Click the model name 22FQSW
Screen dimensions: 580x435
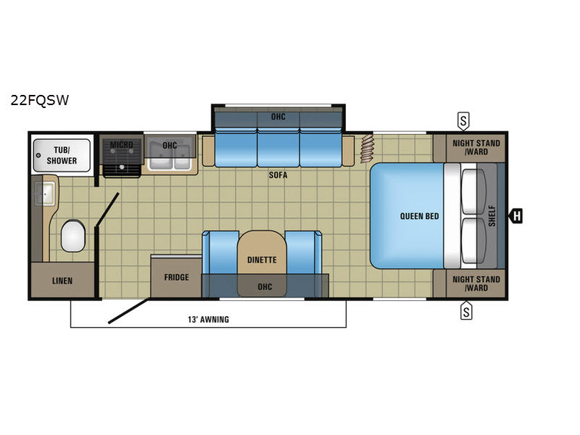point(40,100)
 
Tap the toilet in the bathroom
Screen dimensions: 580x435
point(73,236)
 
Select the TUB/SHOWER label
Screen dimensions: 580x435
point(62,155)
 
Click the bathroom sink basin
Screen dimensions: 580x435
point(45,194)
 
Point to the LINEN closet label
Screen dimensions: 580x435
point(62,281)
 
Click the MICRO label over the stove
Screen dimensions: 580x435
point(121,144)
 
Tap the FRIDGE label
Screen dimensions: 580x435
point(176,277)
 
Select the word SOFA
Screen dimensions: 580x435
point(278,175)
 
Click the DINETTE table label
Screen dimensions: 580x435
point(262,260)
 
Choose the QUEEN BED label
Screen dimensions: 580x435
point(420,216)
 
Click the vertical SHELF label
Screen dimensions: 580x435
point(492,216)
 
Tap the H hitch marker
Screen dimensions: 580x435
point(516,215)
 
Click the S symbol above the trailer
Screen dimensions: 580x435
point(463,121)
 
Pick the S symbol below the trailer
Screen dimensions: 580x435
point(466,311)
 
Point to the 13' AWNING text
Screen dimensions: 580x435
point(208,319)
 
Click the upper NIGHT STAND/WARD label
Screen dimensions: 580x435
point(476,147)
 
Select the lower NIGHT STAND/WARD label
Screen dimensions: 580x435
point(476,283)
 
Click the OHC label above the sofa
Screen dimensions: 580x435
point(278,117)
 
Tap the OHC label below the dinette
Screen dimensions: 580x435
point(265,286)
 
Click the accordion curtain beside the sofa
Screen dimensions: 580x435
point(368,149)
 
